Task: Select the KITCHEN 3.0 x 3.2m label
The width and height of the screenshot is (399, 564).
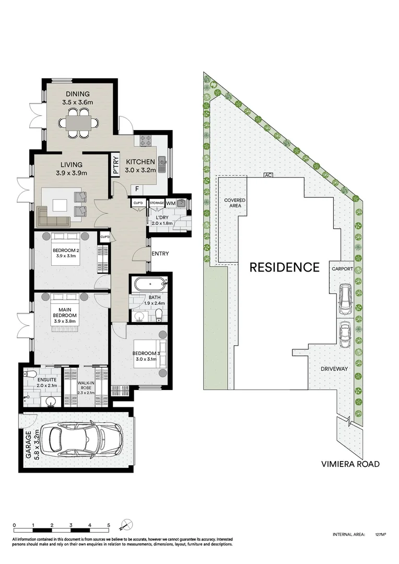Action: (x=139, y=166)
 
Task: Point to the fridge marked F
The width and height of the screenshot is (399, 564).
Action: (x=137, y=189)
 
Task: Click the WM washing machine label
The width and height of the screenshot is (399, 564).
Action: (x=171, y=202)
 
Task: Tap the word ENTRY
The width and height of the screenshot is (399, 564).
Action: (x=160, y=254)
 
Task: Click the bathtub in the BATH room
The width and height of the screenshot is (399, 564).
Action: (x=149, y=285)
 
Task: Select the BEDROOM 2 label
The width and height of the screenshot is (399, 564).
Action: (x=66, y=253)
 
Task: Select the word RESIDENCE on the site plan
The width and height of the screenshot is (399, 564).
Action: (x=284, y=267)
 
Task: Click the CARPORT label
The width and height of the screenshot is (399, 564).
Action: (x=342, y=269)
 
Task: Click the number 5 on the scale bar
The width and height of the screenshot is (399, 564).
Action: (x=109, y=525)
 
